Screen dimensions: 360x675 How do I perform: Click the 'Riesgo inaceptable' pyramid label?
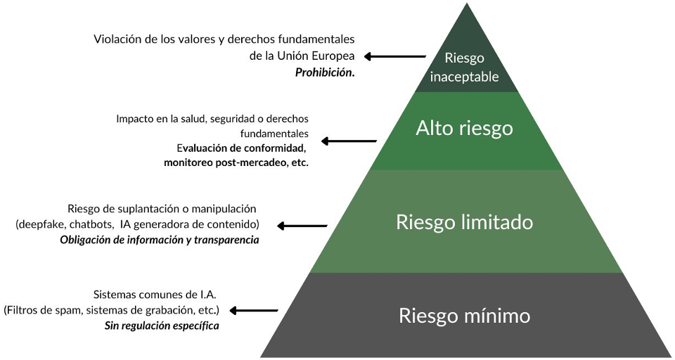[465, 67]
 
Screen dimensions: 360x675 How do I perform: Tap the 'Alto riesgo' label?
[464, 128]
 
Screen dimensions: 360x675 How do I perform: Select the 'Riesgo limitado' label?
[464, 222]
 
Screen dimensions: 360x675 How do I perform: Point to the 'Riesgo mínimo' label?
[464, 315]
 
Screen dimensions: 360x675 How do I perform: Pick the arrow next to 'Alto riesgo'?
[349, 141]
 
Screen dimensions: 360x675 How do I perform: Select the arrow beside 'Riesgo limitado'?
[303, 226]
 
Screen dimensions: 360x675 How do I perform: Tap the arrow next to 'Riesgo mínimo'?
[255, 310]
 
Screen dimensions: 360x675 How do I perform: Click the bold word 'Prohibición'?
[324, 72]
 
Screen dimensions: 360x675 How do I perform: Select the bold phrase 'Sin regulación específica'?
[162, 326]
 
